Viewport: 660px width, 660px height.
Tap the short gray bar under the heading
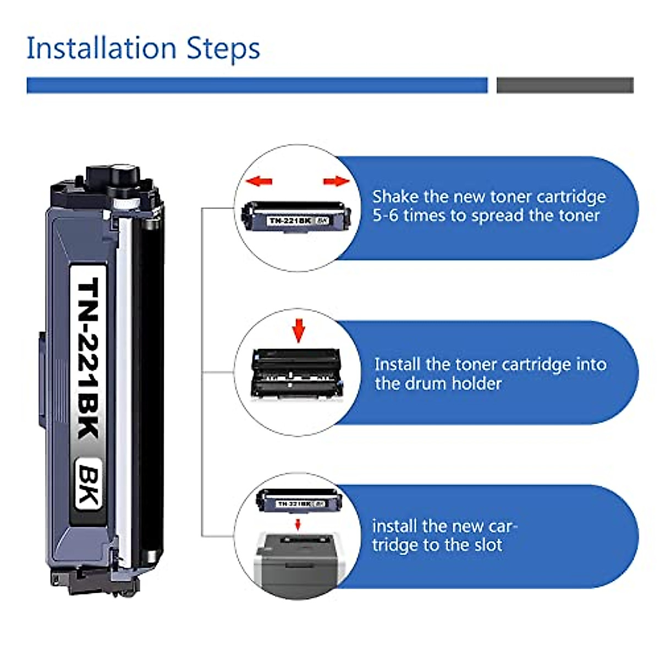565,85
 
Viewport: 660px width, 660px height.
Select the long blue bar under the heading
257,85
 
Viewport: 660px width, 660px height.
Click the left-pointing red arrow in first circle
258,181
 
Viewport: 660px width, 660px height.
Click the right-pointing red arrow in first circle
336,181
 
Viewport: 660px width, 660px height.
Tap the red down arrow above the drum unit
298,329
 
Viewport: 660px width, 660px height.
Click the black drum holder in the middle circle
297,374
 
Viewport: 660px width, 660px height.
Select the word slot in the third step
487,545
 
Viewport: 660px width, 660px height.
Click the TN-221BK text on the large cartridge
88,358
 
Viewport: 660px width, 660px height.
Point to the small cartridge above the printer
299,501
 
